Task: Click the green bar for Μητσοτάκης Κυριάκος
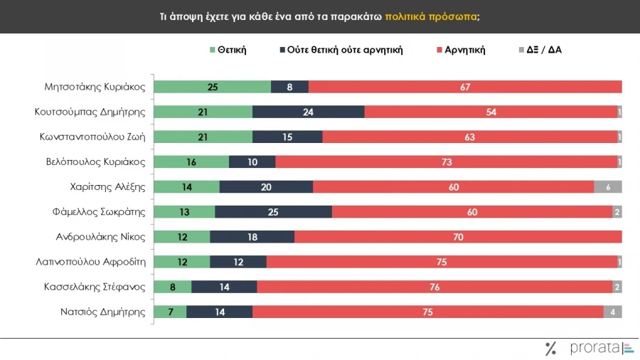tap(212, 87)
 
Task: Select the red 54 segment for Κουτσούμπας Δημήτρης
tap(491, 112)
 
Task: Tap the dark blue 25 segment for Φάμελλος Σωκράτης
tap(273, 211)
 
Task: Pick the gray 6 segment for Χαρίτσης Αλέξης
tap(608, 186)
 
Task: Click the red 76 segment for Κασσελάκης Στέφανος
tap(434, 286)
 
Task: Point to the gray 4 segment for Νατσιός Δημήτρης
tap(613, 311)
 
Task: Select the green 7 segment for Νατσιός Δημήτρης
tap(170, 311)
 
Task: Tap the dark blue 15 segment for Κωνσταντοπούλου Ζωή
tap(287, 137)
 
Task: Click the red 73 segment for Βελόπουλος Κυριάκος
tap(447, 162)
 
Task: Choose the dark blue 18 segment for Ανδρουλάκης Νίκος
tap(252, 236)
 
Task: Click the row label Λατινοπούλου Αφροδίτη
tap(90, 261)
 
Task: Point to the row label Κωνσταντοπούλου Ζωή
tap(92, 137)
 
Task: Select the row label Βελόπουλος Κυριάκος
tap(96, 162)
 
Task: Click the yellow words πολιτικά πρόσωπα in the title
tap(432, 16)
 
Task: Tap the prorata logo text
tap(594, 348)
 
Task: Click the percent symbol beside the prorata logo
tap(550, 348)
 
